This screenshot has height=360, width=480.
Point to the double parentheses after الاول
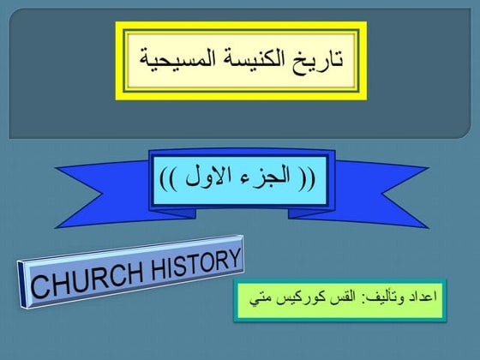(168, 180)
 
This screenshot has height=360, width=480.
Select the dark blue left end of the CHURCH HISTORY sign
(21, 285)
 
